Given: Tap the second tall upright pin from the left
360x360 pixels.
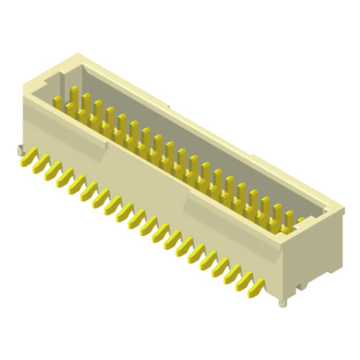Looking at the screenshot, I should pyautogui.click(x=86, y=102).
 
